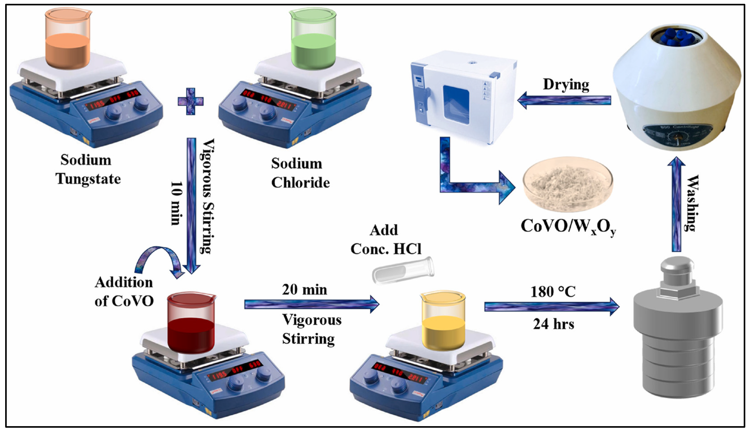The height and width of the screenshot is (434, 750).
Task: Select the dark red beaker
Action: (191, 324)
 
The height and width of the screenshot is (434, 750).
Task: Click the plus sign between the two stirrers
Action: (191, 101)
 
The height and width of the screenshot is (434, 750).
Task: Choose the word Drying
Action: (566, 85)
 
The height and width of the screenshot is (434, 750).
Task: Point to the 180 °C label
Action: (553, 292)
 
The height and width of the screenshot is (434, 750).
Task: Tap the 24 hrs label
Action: (554, 324)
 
